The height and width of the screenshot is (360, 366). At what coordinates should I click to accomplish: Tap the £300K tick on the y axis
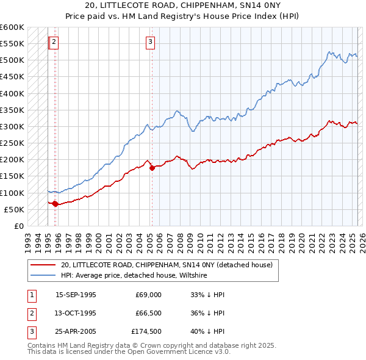[x=12, y=126]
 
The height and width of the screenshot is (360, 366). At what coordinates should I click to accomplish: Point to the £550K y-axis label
[x=12, y=44]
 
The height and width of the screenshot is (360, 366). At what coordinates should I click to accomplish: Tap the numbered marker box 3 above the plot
[x=150, y=42]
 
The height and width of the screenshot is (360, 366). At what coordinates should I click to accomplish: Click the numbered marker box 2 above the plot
[x=54, y=42]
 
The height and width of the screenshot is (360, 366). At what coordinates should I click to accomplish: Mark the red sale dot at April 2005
[x=152, y=168]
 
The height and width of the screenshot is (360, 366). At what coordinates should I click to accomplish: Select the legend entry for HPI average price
[x=134, y=276]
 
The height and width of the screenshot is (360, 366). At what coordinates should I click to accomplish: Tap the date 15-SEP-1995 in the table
[x=76, y=294]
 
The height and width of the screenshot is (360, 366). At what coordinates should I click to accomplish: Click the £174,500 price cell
[x=146, y=333]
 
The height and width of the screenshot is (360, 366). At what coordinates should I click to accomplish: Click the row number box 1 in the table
[x=31, y=294]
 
